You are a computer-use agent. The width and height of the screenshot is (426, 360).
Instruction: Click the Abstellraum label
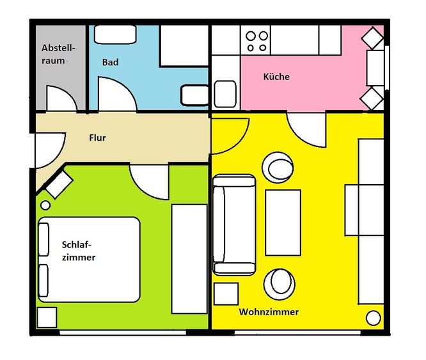tap(58, 54)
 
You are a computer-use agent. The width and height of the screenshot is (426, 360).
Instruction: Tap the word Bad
tap(110, 62)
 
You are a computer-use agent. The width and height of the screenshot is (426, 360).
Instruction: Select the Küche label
tap(276, 77)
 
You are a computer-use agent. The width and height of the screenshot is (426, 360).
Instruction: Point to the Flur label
tap(97, 137)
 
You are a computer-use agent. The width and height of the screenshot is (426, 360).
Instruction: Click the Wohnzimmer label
tap(269, 311)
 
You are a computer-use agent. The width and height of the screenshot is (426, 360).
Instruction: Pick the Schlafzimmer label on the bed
tap(79, 251)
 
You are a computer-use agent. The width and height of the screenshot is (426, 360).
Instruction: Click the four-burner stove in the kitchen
tap(256, 40)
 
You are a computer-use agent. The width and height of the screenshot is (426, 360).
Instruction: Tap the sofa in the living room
tap(234, 225)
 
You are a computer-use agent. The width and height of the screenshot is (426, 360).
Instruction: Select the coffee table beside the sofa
tap(283, 223)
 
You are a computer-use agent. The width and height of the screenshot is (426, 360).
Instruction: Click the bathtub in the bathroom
tap(115, 35)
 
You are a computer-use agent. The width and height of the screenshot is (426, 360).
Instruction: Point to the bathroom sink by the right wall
tap(194, 95)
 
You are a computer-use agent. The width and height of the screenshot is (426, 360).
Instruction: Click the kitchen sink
tap(225, 94)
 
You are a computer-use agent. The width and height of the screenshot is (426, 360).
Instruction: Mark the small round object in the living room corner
tap(374, 318)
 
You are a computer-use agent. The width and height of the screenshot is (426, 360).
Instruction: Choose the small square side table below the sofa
tap(226, 293)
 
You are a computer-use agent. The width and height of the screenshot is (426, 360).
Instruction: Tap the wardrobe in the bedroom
tap(189, 259)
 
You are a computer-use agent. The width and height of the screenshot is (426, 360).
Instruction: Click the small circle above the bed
tap(45, 205)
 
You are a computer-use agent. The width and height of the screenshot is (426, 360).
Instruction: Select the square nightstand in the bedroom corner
tap(47, 317)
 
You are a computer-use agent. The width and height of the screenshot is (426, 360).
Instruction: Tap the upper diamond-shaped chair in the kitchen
tap(372, 38)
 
